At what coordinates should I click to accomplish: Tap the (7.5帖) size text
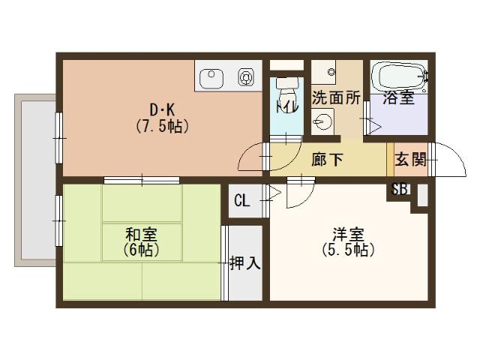[x=162, y=126]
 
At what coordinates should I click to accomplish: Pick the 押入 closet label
[x=244, y=263]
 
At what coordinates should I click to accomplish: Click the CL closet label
[x=242, y=200]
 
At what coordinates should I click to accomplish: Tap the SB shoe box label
[x=399, y=189]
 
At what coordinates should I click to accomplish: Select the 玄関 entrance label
[x=409, y=159]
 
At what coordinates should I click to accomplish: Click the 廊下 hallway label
[x=328, y=159]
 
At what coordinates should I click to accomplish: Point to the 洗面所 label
[x=336, y=97]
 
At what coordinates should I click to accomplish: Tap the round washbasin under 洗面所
[x=324, y=121]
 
